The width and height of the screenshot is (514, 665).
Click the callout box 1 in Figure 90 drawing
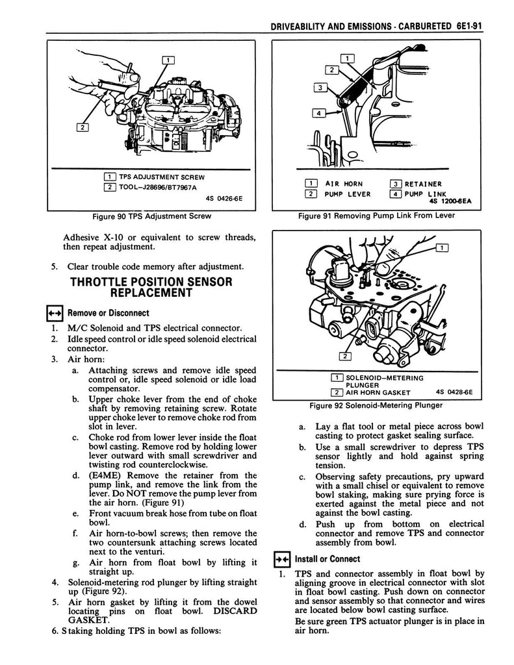pyautogui.click(x=168, y=61)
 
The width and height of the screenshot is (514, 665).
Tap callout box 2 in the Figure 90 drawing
pyautogui.click(x=83, y=127)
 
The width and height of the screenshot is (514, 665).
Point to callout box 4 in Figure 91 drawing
pyautogui.click(x=319, y=114)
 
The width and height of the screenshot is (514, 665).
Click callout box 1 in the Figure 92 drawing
pyautogui.click(x=442, y=247)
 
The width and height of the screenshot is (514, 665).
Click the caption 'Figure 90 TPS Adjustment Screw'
pyautogui.click(x=151, y=216)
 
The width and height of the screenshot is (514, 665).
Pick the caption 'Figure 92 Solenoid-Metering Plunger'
pyautogui.click(x=378, y=405)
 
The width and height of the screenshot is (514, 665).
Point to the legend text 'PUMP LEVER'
pyautogui.click(x=348, y=194)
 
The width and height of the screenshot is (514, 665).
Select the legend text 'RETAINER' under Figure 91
pyautogui.click(x=422, y=184)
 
